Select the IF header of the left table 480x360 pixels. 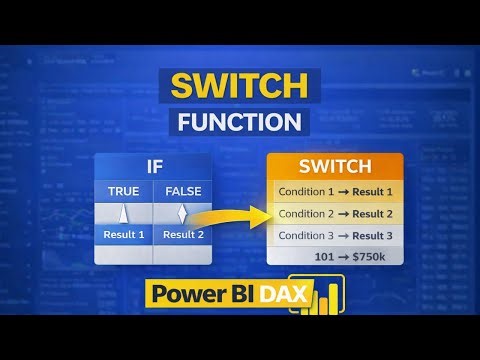click(152, 167)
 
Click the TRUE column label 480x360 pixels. click(124, 190)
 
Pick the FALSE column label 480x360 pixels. click(182, 190)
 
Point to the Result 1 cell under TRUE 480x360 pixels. click(124, 235)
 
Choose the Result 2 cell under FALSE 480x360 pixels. click(182, 235)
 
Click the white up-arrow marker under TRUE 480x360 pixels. click(124, 212)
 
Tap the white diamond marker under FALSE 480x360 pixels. click(182, 212)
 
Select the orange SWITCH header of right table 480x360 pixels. click(336, 167)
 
